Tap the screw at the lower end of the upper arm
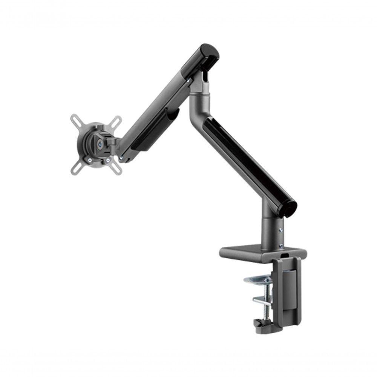[x=121, y=159]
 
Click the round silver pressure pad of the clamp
[x=256, y=279]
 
